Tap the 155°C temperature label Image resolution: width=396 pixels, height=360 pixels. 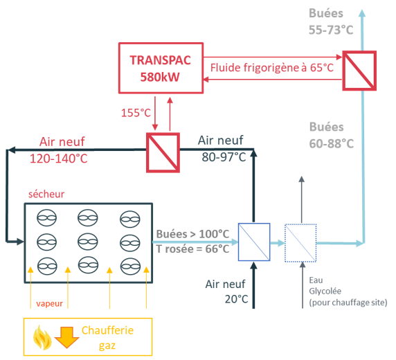tap(136, 113)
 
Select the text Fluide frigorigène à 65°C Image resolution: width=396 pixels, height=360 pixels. tap(272, 68)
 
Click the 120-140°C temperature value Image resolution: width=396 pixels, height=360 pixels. tap(59, 159)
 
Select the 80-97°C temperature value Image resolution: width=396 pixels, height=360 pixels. tap(224, 157)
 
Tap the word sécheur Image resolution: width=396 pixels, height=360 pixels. tap(46, 194)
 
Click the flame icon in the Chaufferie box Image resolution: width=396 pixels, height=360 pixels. tap(42, 337)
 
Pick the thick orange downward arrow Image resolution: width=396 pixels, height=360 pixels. tap(66, 338)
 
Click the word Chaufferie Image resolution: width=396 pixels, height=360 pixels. tap(107, 330)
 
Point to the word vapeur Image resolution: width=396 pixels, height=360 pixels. tap(49, 303)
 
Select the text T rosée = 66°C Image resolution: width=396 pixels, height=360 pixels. tap(192, 249)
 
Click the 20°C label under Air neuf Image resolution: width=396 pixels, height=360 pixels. tap(237, 299)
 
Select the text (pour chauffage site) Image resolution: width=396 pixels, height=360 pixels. tap(348, 303)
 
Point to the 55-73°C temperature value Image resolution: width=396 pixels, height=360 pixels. tap(331, 30)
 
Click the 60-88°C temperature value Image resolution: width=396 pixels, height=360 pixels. tap(332, 143)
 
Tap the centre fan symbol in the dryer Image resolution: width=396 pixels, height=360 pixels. tap(88, 242)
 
